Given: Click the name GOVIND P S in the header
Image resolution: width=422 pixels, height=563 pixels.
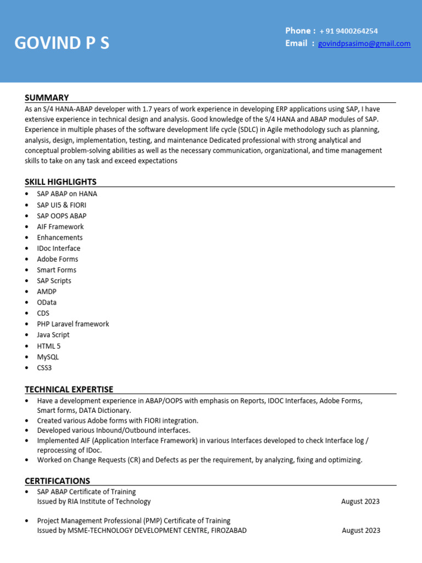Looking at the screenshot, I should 62,43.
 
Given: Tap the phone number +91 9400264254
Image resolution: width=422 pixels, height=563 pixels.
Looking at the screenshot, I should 348,31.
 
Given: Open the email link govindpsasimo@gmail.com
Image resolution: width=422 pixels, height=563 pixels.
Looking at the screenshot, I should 364,44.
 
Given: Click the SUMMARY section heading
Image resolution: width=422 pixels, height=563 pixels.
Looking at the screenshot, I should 47,97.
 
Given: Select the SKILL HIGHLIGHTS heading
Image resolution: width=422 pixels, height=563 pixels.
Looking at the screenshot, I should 60,182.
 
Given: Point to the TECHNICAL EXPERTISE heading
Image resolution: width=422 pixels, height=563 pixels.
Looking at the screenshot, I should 69,389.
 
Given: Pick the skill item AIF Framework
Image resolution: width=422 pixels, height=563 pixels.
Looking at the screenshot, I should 60,227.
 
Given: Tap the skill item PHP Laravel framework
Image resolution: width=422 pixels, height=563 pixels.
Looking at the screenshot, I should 73,324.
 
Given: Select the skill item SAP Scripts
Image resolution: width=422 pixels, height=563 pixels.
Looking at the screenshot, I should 54,280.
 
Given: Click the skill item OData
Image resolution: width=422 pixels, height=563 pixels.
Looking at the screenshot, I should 47,302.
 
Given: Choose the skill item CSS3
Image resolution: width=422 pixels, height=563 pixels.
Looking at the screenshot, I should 45,367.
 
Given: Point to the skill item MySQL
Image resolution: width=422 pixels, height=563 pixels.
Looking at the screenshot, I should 48,357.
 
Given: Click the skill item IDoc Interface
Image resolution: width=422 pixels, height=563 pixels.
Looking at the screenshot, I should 58,248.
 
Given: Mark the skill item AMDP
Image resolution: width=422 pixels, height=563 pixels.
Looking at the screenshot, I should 47,291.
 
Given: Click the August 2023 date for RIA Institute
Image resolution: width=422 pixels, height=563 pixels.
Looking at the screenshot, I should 360,501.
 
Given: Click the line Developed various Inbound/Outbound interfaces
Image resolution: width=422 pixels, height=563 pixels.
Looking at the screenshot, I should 114,430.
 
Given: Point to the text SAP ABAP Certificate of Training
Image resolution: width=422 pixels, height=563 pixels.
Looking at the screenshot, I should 86,492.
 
